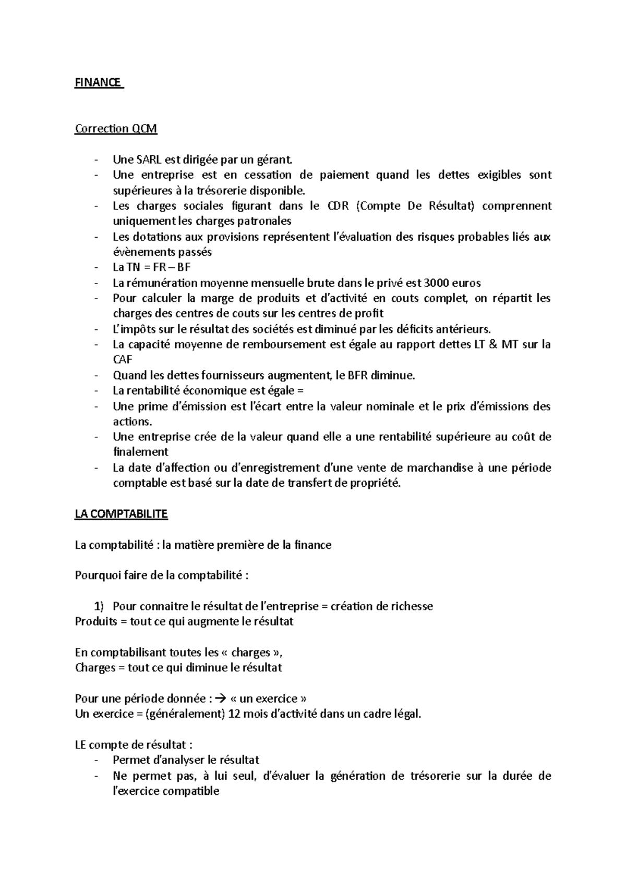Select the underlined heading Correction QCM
click(116, 128)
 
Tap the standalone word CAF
click(123, 360)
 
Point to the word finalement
click(140, 452)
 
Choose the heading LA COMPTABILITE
click(121, 514)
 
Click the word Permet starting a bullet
click(130, 760)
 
